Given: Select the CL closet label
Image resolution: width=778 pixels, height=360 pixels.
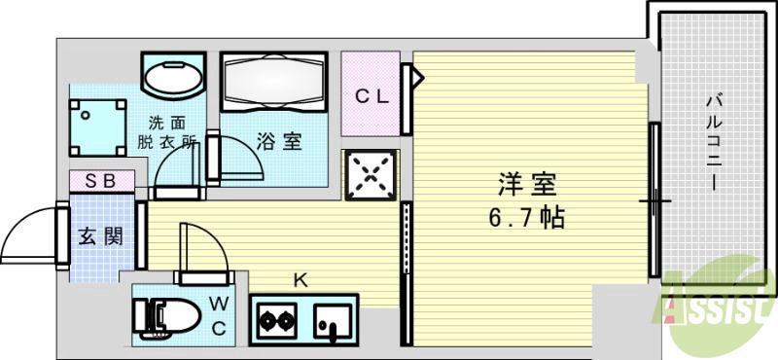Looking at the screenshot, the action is [371, 96].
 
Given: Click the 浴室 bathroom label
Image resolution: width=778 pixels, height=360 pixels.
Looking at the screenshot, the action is [279, 142].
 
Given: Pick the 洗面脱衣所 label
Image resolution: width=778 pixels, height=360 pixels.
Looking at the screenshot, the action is [166, 131].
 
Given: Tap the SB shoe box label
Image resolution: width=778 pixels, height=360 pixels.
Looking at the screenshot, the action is [100, 181].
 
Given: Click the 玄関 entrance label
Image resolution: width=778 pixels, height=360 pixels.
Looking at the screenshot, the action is [101, 235].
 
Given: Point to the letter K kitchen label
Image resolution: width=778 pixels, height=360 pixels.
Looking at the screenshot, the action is [301, 281].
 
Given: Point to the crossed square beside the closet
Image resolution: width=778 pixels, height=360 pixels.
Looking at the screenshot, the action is [370, 175].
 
